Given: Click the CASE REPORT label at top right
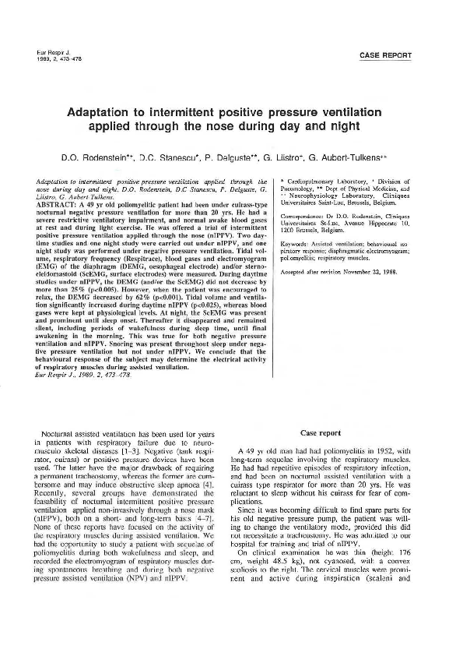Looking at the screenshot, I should pos(385,55).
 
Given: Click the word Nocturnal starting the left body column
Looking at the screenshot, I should pos(66,432).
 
